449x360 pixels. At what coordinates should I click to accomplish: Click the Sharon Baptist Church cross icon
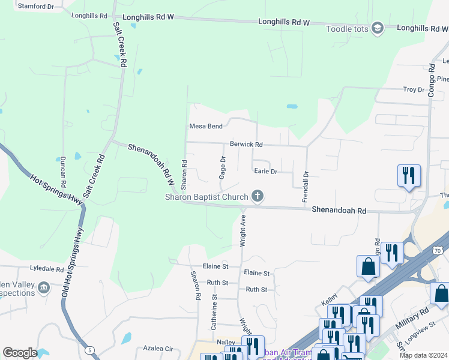pos(258,196)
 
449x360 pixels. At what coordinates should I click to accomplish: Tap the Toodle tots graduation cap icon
pos(377,28)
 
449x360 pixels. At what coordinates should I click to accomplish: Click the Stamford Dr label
pos(35,6)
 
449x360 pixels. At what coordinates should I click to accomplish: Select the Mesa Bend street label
pos(206,126)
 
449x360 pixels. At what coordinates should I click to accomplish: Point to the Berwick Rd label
pos(246,145)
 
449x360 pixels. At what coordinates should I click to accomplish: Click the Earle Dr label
pos(265,171)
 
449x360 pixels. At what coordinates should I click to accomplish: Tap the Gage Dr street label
pos(222,167)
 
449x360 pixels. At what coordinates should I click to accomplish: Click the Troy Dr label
pos(414,89)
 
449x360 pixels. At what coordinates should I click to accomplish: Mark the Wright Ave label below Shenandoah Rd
pos(243,230)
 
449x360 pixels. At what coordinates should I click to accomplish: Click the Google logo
pos(20,353)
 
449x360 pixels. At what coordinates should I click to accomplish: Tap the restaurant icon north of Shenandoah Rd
pos(409,176)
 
